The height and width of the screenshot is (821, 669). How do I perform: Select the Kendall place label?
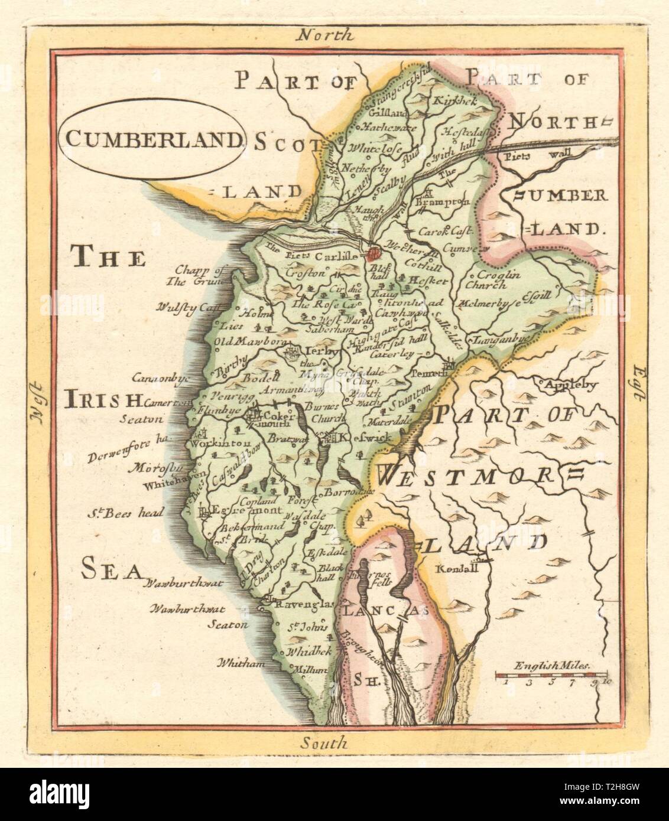[x=454, y=571]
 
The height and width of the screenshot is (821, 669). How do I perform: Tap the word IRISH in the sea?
[x=105, y=401]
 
